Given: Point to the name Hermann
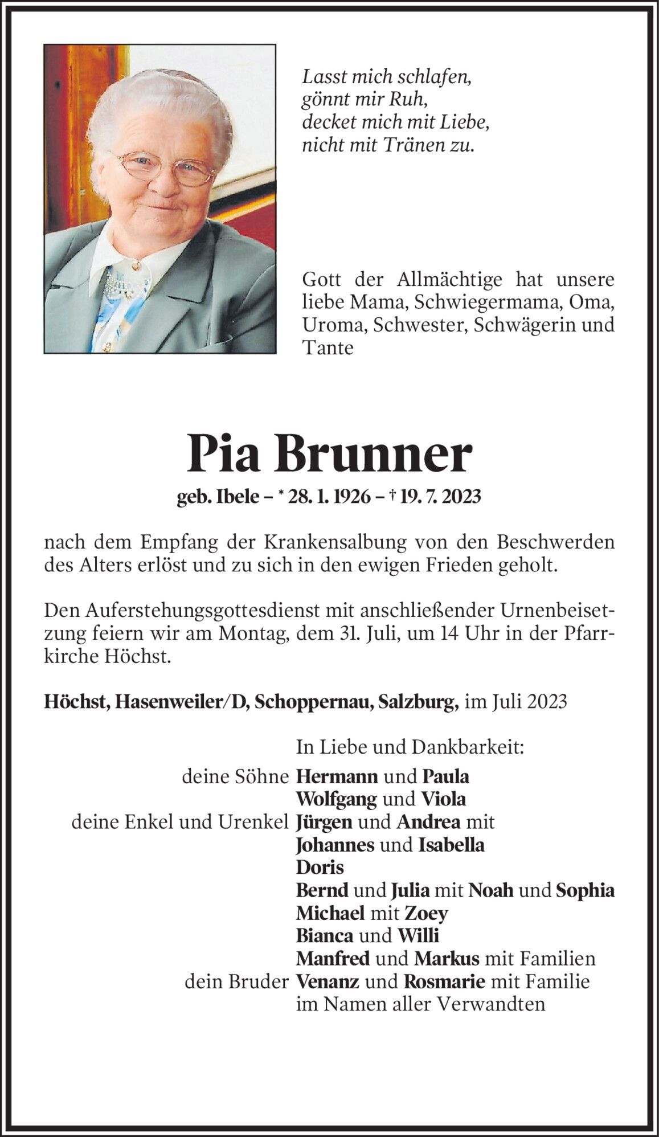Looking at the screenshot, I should pos(337,776).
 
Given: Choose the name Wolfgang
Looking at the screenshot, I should pos(336,799).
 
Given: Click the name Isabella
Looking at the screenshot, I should pos(451,845).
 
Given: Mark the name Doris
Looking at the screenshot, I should pos(320,868).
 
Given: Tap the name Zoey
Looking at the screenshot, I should pos(426,913).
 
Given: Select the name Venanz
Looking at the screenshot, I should pos(328,981).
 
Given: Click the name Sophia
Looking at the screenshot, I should pos(585,890).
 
